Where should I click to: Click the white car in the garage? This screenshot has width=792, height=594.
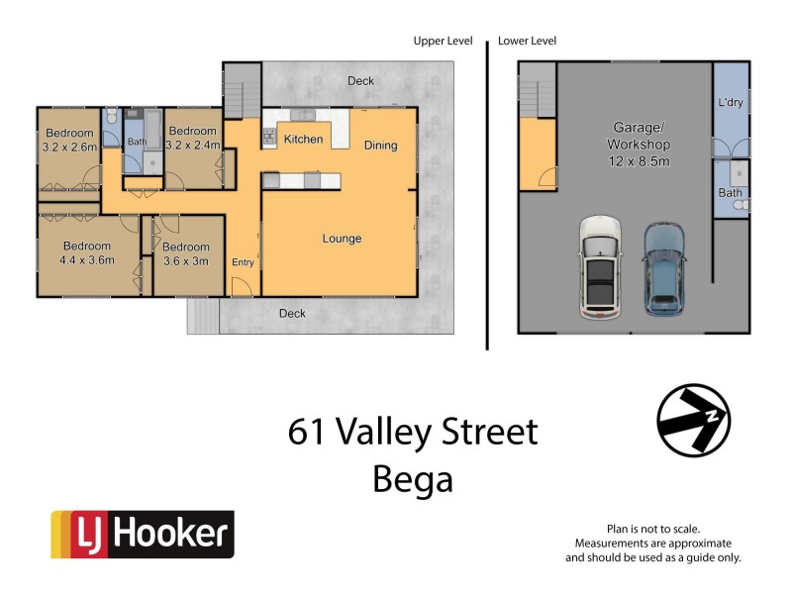(x=599, y=266)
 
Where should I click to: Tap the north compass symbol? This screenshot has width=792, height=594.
(x=694, y=420)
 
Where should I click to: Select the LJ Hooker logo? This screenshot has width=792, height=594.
(x=143, y=536)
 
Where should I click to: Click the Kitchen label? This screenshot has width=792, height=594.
(x=303, y=140)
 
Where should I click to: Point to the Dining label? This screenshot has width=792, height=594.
(x=380, y=146)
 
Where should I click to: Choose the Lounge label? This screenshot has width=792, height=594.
(x=342, y=239)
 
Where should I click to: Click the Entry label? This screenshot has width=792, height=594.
(x=243, y=262)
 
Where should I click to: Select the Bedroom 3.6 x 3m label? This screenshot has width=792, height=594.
(x=186, y=253)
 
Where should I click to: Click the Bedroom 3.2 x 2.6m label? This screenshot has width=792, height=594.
(x=69, y=140)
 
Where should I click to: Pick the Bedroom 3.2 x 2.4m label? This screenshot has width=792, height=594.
(x=191, y=138)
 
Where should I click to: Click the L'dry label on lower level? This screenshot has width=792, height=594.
(x=730, y=103)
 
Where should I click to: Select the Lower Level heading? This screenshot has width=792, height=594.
(x=528, y=41)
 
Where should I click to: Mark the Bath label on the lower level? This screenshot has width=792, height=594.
(x=730, y=193)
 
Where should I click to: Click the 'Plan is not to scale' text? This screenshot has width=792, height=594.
(x=652, y=530)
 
